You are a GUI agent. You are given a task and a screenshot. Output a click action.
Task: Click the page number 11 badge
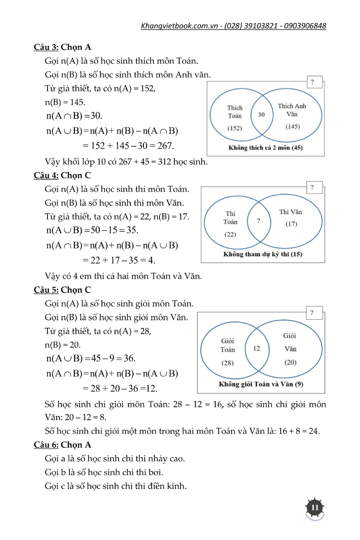pyautogui.click(x=315, y=508)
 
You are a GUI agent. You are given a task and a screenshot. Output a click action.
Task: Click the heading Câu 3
pyautogui.click(x=46, y=47)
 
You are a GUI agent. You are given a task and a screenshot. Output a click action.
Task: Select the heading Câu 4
pyautogui.click(x=46, y=175)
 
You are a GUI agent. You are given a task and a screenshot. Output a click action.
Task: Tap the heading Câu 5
pyautogui.click(x=46, y=290)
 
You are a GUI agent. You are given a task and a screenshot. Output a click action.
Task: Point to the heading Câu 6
pyautogui.click(x=46, y=445)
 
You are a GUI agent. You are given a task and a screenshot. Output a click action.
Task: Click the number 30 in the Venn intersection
pyautogui.click(x=261, y=114)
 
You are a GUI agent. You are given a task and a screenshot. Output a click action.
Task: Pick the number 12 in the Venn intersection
pyautogui.click(x=256, y=348)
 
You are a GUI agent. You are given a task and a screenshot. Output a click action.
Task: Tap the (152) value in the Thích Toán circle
pyautogui.click(x=235, y=128)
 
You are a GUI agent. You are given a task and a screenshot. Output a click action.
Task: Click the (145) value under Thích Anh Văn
pyautogui.click(x=293, y=126)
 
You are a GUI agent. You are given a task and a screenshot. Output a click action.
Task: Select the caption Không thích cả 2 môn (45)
pyautogui.click(x=265, y=148)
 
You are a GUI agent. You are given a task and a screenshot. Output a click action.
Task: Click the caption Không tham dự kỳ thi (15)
pyautogui.click(x=262, y=254)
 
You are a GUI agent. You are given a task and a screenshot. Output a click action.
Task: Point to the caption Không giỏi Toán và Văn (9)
pyautogui.click(x=261, y=384)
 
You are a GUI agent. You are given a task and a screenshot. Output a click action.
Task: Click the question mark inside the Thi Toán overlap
pyautogui.click(x=258, y=221)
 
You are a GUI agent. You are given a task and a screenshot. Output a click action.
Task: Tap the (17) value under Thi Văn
pyautogui.click(x=291, y=224)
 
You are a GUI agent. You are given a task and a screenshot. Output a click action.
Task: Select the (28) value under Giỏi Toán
pyautogui.click(x=228, y=363)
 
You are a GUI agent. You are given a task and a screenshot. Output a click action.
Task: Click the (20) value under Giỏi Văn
pyautogui.click(x=291, y=362)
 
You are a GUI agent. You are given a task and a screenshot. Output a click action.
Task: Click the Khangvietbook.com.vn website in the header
pyautogui.click(x=179, y=26)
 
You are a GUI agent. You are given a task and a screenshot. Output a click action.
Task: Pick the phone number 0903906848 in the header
pyautogui.click(x=305, y=26)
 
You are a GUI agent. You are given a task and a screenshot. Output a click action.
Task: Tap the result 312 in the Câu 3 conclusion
pyautogui.click(x=165, y=162)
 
